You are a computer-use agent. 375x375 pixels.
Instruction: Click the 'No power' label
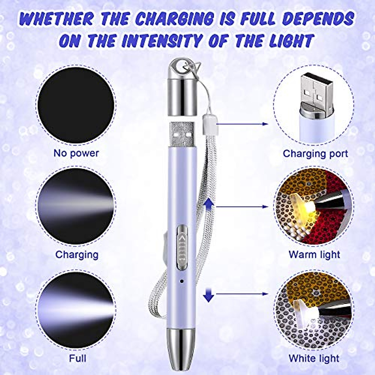(x=76, y=153)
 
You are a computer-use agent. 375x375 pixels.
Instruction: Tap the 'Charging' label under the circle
(x=77, y=254)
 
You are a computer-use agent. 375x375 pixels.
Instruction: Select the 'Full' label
(x=77, y=358)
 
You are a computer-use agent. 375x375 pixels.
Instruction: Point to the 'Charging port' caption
(x=315, y=153)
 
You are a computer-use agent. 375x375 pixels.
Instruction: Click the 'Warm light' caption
(x=314, y=254)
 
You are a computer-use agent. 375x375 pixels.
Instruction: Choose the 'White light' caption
(x=314, y=358)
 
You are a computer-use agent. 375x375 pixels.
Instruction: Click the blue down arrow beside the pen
(x=208, y=294)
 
